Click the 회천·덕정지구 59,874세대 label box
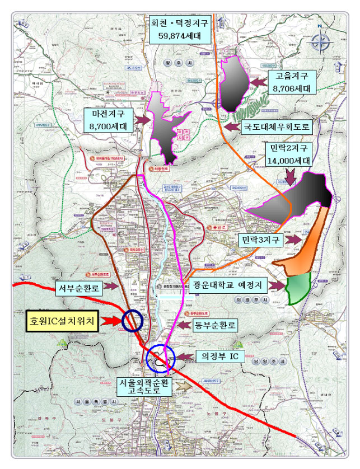pyautogui.click(x=180, y=30)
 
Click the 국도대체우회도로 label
pyautogui.click(x=275, y=126)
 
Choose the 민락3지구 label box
pyautogui.click(x=259, y=241)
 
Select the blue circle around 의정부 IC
pyautogui.click(x=161, y=359)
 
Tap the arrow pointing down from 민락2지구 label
pyautogui.click(x=290, y=177)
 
